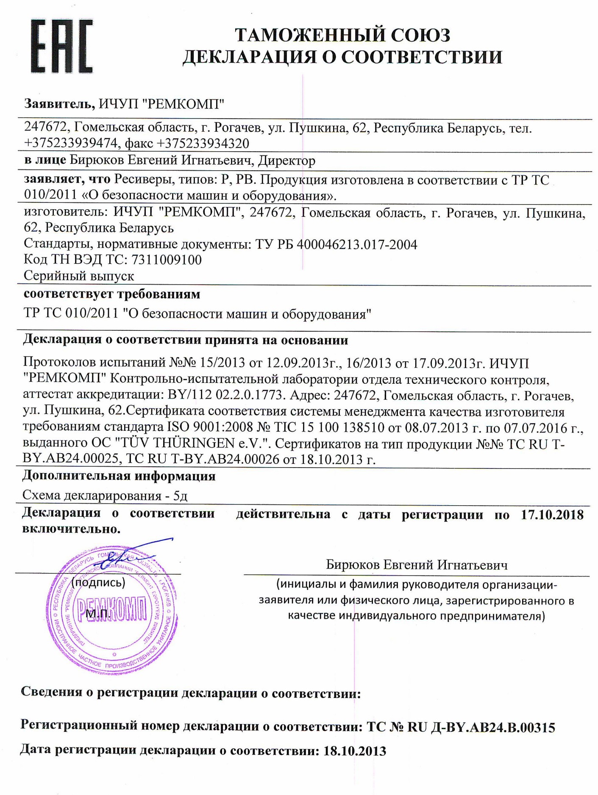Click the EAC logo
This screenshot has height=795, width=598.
click(62, 46)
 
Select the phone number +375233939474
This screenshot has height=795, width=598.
click(70, 144)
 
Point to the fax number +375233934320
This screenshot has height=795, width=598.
click(203, 144)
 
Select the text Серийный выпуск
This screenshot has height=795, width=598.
click(79, 276)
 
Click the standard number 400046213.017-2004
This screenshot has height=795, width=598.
click(357, 244)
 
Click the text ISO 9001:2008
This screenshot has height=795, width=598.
click(208, 427)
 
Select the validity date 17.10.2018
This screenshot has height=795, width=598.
click(552, 515)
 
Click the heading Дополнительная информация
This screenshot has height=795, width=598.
click(119, 476)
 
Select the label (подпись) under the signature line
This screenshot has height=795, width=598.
click(98, 583)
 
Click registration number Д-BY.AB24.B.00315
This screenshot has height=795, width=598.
click(493, 728)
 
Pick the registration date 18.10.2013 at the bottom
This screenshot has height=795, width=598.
click(355, 751)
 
